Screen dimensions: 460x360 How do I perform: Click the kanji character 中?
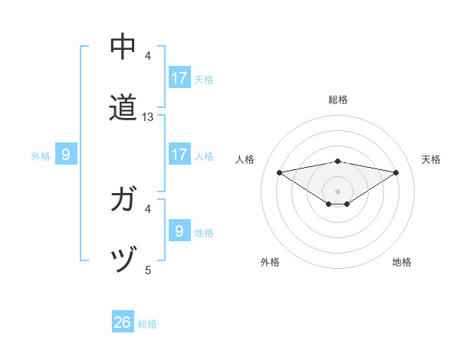123,47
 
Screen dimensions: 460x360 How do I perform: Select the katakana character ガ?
123,200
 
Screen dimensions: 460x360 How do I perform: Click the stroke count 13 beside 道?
149,117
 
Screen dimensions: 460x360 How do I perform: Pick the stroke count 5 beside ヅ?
148,270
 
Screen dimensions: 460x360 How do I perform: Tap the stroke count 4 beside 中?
148,56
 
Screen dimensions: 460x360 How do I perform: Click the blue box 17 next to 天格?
179,78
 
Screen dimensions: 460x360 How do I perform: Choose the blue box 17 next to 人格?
179,155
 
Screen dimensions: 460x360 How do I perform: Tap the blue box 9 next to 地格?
179,231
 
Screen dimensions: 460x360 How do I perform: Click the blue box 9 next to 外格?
66,155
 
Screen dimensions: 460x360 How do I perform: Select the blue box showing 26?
123,322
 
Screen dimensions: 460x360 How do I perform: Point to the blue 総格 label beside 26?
147,324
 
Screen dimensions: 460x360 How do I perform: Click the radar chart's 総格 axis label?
338,100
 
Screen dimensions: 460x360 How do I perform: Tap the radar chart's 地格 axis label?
402,262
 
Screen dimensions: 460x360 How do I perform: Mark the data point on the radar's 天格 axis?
396,172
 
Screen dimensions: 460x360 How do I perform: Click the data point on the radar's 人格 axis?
280,172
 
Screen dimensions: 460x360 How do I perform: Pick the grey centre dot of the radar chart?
338,191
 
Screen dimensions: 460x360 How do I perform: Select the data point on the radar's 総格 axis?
338,161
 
